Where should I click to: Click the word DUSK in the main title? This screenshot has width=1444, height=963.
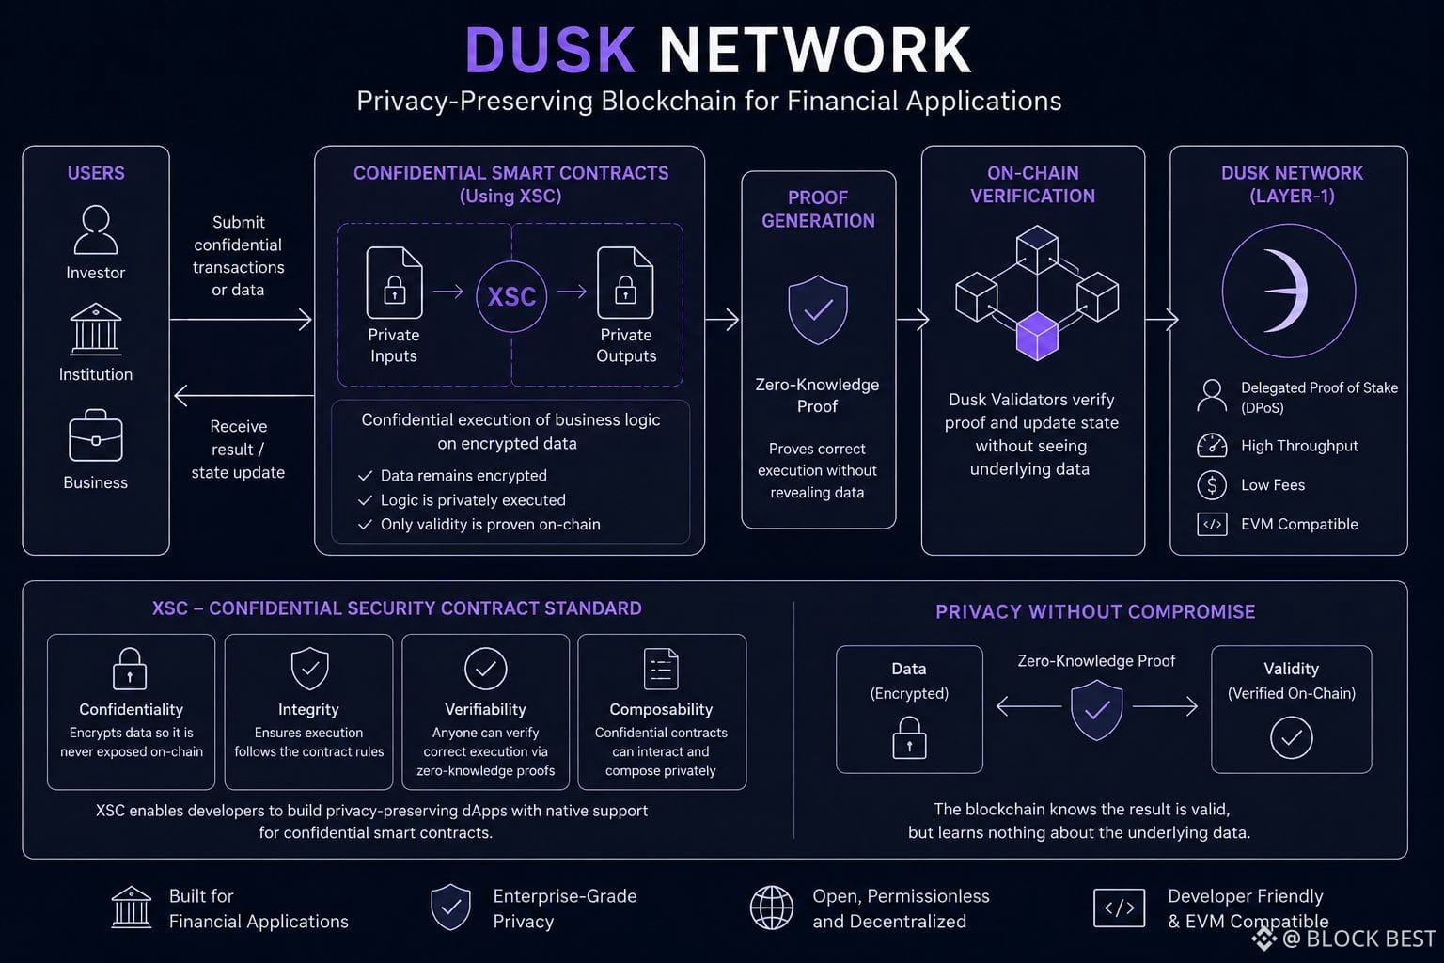pyautogui.click(x=550, y=50)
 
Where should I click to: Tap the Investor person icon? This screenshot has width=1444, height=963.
pyautogui.click(x=96, y=229)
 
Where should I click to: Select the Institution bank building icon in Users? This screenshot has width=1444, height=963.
pyautogui.click(x=95, y=329)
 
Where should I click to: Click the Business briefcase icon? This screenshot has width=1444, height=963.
pyautogui.click(x=95, y=435)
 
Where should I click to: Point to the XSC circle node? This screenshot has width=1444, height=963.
pyautogui.click(x=511, y=296)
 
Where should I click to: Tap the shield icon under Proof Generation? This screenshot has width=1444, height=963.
pyautogui.click(x=817, y=309)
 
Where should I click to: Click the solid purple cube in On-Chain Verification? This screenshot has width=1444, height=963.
pyautogui.click(x=1037, y=336)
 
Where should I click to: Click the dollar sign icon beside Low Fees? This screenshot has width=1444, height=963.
pyautogui.click(x=1212, y=485)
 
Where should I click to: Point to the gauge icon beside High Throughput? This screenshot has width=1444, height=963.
pyautogui.click(x=1212, y=446)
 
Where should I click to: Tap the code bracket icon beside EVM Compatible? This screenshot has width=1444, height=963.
pyautogui.click(x=1212, y=525)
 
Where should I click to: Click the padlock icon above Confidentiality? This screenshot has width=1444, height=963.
pyautogui.click(x=130, y=669)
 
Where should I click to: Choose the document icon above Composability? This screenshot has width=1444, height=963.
pyautogui.click(x=661, y=669)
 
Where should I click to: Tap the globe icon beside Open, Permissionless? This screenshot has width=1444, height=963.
pyautogui.click(x=772, y=908)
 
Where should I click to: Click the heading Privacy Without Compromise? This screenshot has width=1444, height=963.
pyautogui.click(x=1095, y=611)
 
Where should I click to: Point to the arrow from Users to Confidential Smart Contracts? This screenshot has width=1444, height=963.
pyautogui.click(x=241, y=320)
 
